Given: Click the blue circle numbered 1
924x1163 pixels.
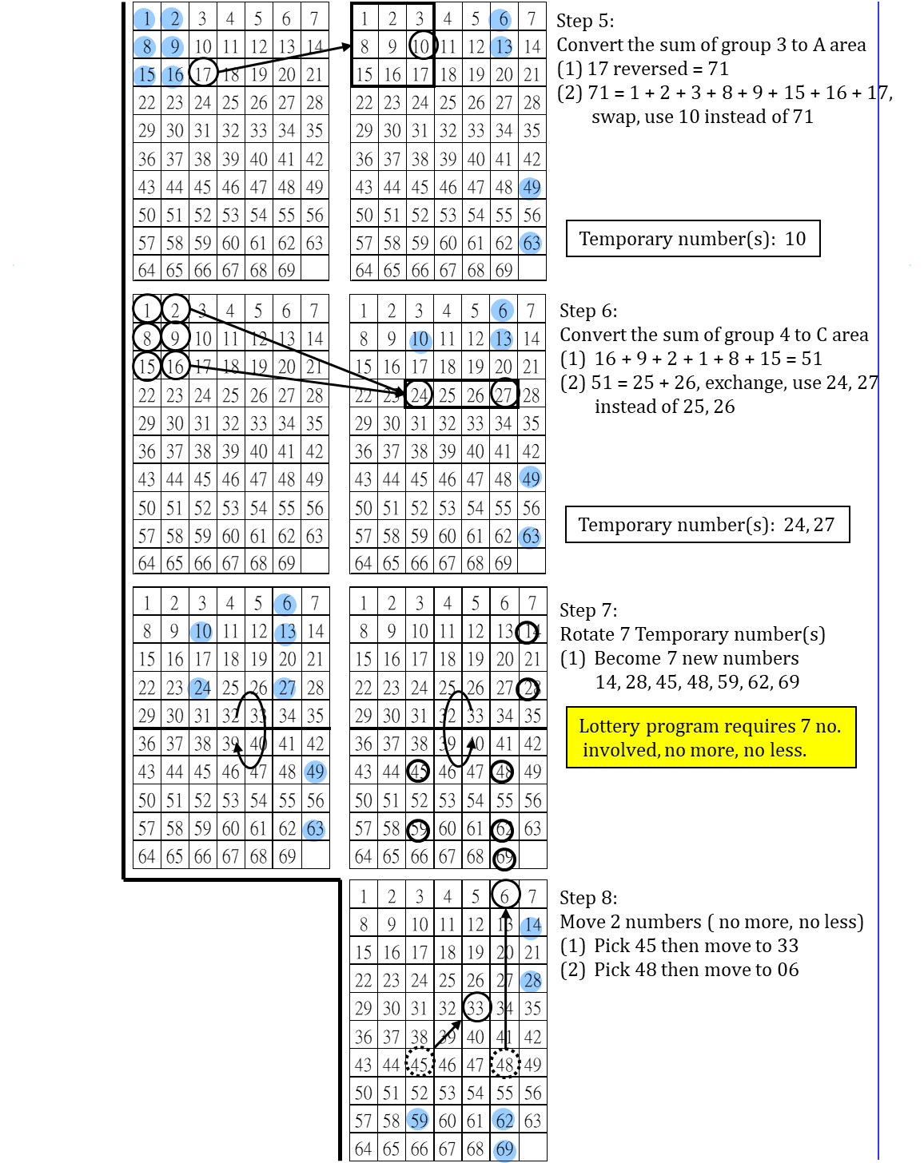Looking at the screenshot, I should click(144, 19).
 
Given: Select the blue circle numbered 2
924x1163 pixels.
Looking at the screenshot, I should click(173, 19).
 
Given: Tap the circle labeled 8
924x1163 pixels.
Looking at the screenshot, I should click(145, 47).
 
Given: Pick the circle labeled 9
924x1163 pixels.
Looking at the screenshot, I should click(173, 47).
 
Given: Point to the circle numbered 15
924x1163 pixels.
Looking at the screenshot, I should click(145, 76).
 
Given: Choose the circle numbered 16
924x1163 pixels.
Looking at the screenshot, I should click(173, 76).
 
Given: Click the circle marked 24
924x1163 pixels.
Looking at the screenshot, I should click(199, 689).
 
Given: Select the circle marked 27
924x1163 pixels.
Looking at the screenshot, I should click(285, 689).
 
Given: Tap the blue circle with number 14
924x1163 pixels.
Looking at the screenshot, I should click(531, 927).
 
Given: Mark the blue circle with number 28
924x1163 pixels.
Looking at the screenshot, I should click(531, 981).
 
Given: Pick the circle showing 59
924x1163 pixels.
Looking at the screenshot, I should click(418, 1120).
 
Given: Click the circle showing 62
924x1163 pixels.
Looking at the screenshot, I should click(503, 1120).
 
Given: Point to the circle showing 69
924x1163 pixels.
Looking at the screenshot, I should click(504, 1150).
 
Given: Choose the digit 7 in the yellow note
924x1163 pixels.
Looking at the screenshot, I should click(805, 726).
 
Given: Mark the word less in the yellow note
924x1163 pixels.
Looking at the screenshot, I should click(788, 750).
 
